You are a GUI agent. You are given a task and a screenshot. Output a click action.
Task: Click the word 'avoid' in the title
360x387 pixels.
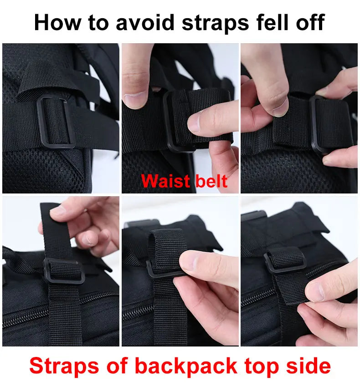145,22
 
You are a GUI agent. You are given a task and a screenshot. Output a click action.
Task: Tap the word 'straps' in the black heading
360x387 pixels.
215,24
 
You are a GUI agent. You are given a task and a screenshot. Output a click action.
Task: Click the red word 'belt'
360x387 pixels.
211,181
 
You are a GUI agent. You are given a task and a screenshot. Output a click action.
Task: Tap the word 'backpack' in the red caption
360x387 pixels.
186,366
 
